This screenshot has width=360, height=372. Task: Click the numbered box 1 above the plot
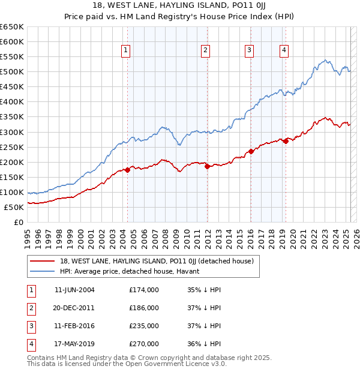coord(126,51)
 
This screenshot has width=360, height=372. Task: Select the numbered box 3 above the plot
coord(248,51)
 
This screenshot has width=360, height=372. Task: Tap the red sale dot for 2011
coord(207,166)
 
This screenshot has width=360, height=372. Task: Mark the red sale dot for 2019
coord(286,141)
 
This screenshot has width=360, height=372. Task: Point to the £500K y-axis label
coord(13,72)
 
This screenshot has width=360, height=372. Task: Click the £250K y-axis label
coord(13,147)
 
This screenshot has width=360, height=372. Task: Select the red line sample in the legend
coord(42,261)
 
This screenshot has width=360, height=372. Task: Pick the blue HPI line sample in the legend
coord(42,271)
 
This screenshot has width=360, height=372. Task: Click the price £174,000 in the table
coord(144,290)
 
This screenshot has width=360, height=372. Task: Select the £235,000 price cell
coord(144,326)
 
